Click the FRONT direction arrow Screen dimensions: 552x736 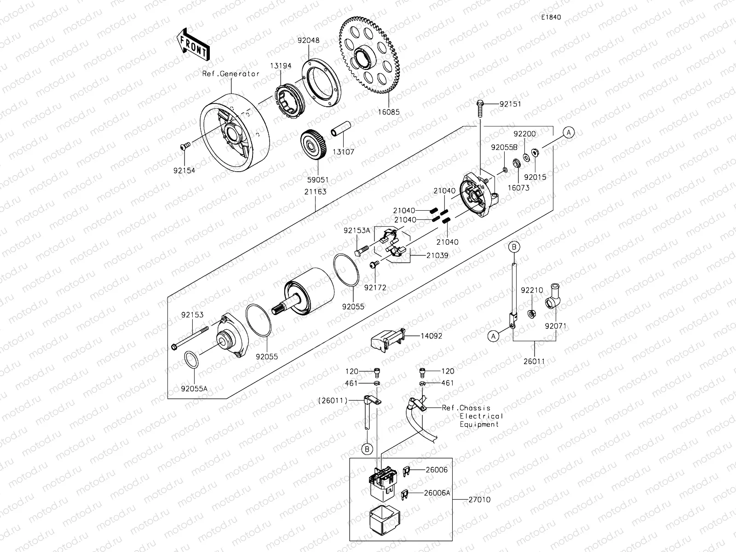click(x=192, y=45)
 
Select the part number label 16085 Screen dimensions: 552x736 click(x=389, y=112)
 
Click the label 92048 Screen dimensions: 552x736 click(x=308, y=40)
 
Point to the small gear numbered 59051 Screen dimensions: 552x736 click(x=316, y=146)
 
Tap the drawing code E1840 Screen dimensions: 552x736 click(x=551, y=17)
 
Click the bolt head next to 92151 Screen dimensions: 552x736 click(x=480, y=105)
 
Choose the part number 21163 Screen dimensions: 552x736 click(x=315, y=191)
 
